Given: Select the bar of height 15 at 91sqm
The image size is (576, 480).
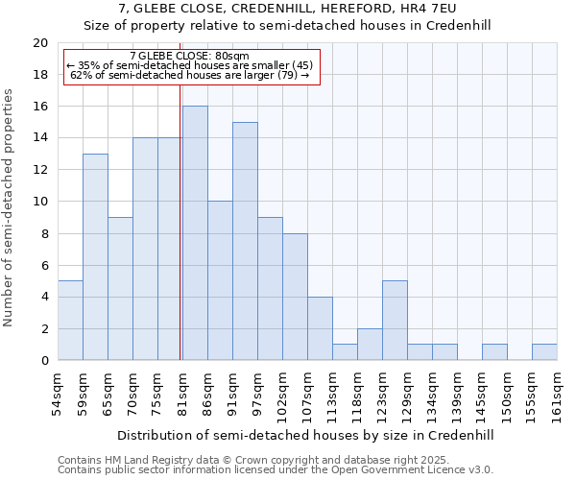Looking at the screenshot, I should click(245, 241).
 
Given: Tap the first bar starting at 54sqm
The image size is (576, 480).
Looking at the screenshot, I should click(70, 321).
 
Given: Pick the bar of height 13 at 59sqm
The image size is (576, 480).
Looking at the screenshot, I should click(95, 257).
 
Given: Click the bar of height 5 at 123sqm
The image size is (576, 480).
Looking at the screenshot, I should click(395, 321).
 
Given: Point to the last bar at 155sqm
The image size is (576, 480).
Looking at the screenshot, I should click(544, 352).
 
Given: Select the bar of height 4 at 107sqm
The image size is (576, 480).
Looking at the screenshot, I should click(320, 328).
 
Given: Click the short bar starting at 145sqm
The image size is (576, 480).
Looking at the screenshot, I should click(494, 352).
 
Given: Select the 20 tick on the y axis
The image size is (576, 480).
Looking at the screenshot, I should click(40, 43).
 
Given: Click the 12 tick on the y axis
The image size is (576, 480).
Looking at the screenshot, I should click(40, 170).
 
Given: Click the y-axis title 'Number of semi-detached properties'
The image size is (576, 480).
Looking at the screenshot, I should click(10, 207).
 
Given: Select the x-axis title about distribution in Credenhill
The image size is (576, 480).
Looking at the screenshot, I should click(307, 435).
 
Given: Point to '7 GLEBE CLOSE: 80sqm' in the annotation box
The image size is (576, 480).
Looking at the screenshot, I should click(189, 56).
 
